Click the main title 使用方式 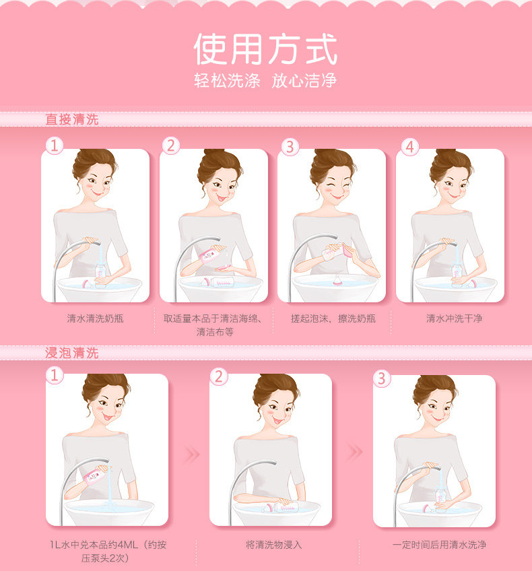pos(265,48)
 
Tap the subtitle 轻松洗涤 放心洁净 pos(265,81)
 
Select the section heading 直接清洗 pos(72,119)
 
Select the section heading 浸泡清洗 pos(72,353)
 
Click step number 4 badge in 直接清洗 pos(409,147)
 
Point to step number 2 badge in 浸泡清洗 pos(218,376)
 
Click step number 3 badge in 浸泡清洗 pos(382,378)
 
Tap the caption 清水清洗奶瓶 pos(95,318)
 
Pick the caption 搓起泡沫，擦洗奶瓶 pos(333,318)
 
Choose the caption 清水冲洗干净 pos(454,318)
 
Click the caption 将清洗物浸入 pos(274,545)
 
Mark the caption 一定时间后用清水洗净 pos(439,545)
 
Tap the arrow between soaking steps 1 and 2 pos(191,454)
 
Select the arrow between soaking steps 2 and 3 pos(354,452)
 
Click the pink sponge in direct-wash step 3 pos(348,250)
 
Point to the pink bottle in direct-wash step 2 pos(209,253)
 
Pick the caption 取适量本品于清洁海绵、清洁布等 pos(213,325)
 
